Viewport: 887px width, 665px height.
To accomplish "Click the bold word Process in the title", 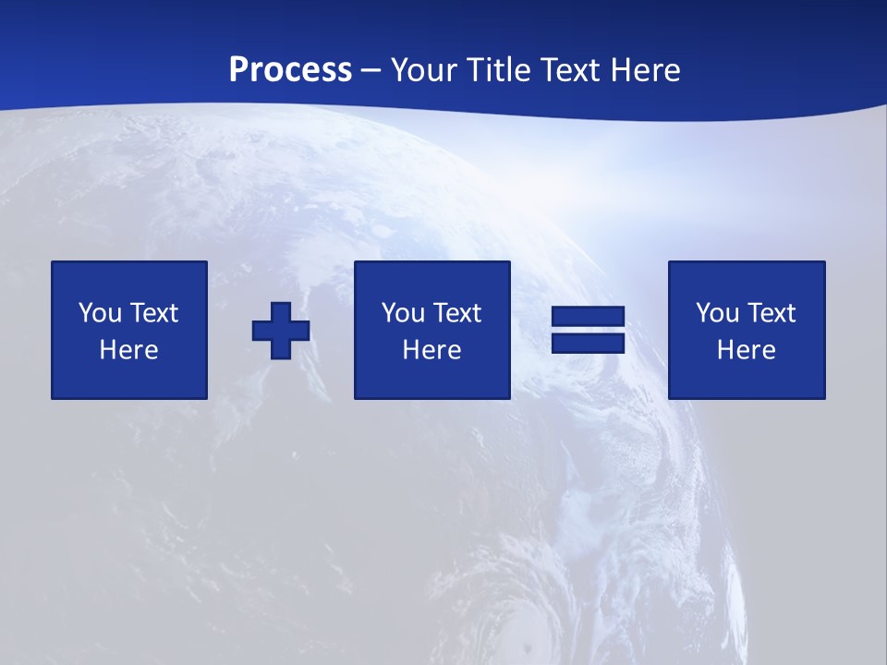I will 290,70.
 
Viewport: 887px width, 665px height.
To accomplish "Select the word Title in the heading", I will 498,70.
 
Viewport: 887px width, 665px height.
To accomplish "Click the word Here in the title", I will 646,70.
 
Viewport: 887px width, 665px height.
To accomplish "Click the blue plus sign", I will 281,331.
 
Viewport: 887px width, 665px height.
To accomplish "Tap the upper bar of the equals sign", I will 589,318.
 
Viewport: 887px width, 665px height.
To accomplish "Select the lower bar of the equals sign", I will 589,343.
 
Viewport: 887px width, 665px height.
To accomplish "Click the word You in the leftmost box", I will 100,313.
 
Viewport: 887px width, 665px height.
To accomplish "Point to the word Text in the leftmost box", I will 153,313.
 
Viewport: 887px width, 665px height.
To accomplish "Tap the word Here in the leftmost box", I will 129,350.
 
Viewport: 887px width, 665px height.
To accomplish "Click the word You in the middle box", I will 403,313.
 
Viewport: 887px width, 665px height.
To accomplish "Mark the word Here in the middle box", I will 432,350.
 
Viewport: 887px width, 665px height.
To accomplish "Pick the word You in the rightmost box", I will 717,313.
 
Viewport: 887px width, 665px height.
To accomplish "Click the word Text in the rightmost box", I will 771,313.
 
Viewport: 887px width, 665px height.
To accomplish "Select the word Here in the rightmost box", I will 747,350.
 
